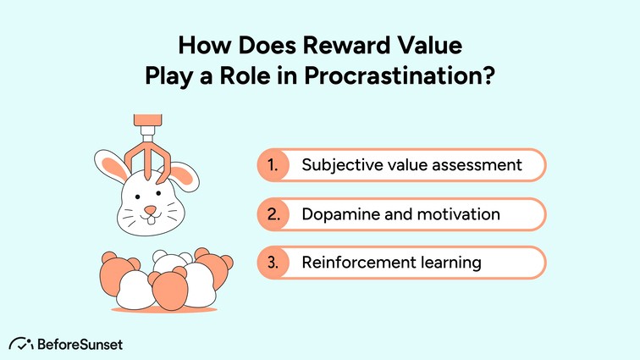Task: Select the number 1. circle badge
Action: click(273, 165)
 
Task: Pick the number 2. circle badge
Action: click(273, 214)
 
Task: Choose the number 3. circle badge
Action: click(273, 263)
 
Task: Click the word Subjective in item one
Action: click(339, 165)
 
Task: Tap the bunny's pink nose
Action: click(150, 209)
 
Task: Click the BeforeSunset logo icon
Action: click(22, 343)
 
